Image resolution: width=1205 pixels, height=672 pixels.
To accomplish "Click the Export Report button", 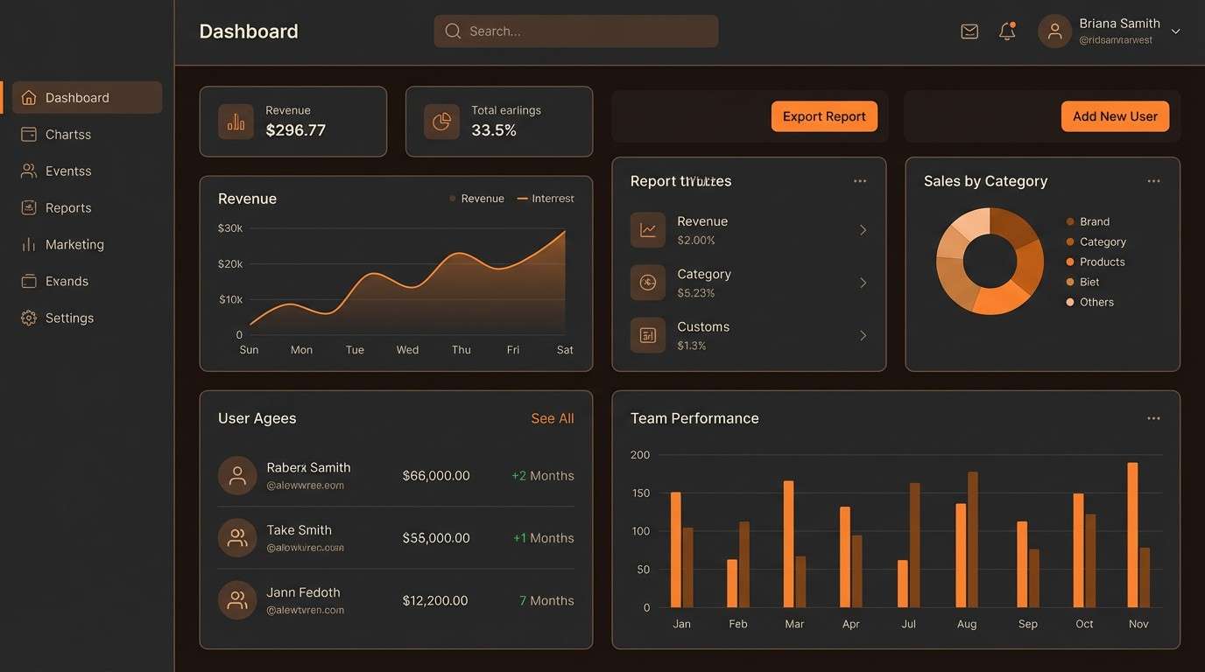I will [824, 116].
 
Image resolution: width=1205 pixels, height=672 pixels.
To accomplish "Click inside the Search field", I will [575, 31].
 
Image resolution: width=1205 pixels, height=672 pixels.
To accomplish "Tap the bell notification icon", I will [1007, 31].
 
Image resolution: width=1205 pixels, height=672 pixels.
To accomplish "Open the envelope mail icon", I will [969, 31].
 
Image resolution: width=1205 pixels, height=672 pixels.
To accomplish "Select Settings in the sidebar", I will [69, 318].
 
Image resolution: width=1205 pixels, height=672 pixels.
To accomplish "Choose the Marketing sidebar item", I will [74, 245].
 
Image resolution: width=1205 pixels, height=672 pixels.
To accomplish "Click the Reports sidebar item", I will [68, 208].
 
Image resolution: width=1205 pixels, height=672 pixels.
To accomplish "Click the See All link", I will [552, 419].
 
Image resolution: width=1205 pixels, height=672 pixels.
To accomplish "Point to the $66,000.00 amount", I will [436, 476].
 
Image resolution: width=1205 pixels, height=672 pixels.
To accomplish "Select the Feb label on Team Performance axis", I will [738, 624].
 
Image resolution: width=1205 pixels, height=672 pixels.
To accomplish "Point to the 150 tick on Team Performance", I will [640, 493].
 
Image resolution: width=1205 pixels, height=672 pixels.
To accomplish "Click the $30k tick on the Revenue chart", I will [230, 228].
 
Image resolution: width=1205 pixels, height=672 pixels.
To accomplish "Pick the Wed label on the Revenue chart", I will [407, 350].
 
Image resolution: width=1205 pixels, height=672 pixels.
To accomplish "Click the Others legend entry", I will [1096, 303].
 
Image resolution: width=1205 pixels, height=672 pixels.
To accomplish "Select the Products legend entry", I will [1102, 262].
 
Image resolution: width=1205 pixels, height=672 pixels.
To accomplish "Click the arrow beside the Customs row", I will [863, 336].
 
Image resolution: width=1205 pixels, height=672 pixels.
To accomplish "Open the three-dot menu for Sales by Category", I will [1153, 181].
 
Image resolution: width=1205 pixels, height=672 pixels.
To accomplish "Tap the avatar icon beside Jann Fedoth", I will [237, 600].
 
